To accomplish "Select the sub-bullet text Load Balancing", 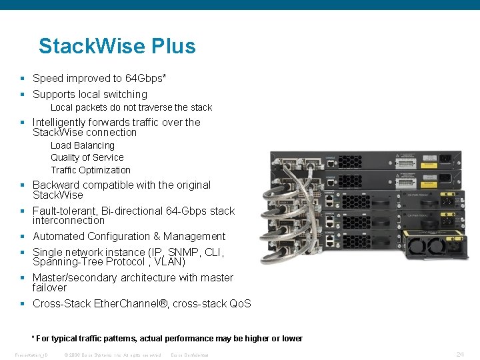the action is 83,145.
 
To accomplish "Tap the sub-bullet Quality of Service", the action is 87,157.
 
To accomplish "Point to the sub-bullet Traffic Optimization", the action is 91,170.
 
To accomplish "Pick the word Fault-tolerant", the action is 63,211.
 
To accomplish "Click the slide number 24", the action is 460,354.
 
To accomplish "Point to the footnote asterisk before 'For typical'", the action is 34,338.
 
